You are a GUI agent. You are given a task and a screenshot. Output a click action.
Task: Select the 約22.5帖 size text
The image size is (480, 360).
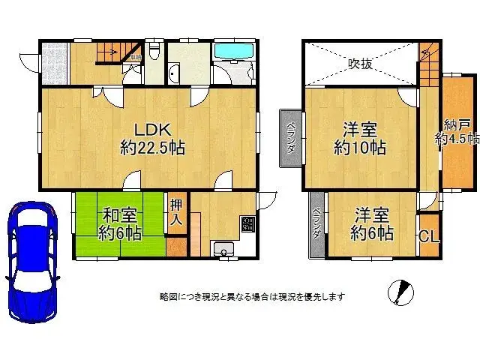coord(152,148)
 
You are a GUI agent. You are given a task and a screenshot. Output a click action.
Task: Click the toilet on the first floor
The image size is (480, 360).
coord(154,52)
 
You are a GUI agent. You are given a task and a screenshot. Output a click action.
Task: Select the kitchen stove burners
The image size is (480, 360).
coord(247,223)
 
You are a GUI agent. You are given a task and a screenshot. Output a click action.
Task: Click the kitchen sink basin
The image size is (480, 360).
coord(223,249)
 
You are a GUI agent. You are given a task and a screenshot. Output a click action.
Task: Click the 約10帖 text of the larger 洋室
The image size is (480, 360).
coord(360,148)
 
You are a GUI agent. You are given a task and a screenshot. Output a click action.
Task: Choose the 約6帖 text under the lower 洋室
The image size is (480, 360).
coord(372,233)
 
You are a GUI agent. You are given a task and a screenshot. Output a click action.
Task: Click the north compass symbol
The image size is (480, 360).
coord(402,291)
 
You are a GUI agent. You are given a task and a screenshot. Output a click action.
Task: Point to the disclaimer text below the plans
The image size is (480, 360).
coord(252,297)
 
